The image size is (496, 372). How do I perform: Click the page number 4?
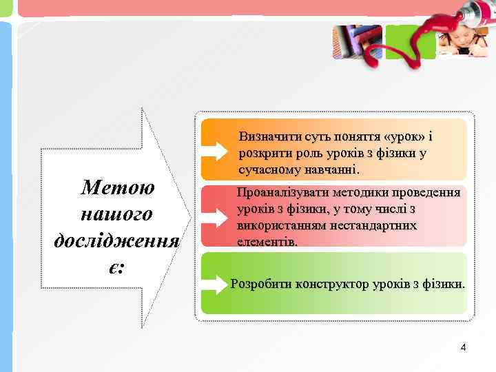(x=464, y=348)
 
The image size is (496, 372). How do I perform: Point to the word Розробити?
(x=261, y=283)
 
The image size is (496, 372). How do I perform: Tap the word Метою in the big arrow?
(x=117, y=187)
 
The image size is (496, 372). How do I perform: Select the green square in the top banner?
(x=402, y=41)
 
